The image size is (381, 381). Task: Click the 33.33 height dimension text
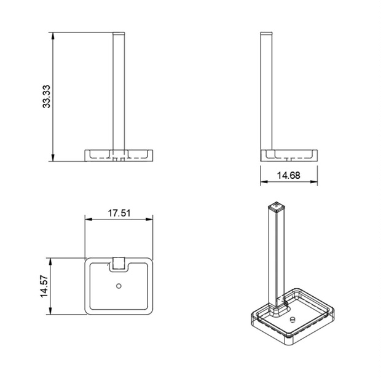(46, 96)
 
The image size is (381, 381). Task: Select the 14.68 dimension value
(288, 175)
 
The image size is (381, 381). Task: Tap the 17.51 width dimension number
(119, 213)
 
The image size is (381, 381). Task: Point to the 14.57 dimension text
(44, 286)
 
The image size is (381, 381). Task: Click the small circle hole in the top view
(119, 286)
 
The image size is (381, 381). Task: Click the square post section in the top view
(119, 263)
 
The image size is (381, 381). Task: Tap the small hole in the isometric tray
(292, 320)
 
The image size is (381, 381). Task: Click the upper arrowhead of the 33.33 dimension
(53, 36)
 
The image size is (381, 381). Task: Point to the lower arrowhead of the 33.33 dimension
(53, 157)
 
